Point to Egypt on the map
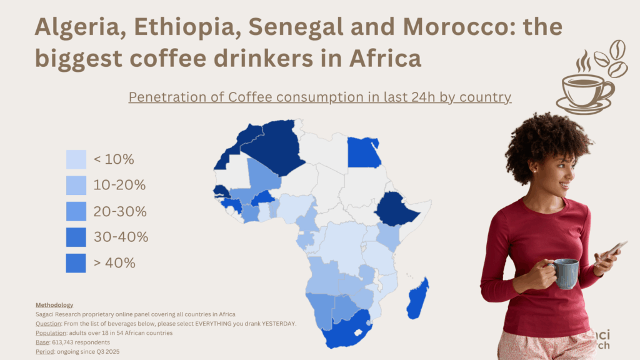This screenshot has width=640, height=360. click(364, 152)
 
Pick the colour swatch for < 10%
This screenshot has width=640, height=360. click(76, 159)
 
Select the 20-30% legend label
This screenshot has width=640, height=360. click(120, 211)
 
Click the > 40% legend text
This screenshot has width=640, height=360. click(114, 262)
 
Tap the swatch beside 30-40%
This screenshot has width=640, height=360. click(76, 237)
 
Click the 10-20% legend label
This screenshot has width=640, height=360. click(119, 185)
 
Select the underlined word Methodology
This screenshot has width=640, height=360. click(54, 304)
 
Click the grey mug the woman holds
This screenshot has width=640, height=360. click(565, 274)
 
